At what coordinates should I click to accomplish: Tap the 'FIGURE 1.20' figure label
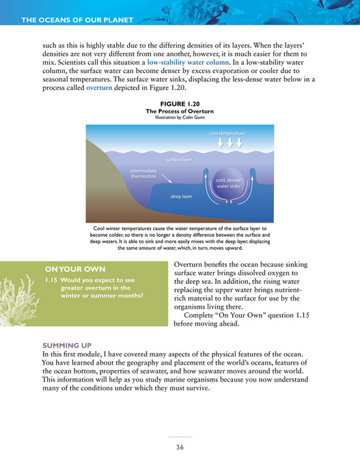180,103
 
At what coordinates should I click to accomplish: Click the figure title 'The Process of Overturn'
180,110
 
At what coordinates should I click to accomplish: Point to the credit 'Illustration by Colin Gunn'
180,117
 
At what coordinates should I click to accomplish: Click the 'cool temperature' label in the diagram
230,132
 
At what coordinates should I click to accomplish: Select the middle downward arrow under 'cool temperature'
230,143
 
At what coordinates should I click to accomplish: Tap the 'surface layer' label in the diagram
179,160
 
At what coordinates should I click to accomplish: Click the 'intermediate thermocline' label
143,173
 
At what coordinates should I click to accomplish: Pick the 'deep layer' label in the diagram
181,195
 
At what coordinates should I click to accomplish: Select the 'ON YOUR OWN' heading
66,269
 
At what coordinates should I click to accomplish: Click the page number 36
180,447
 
